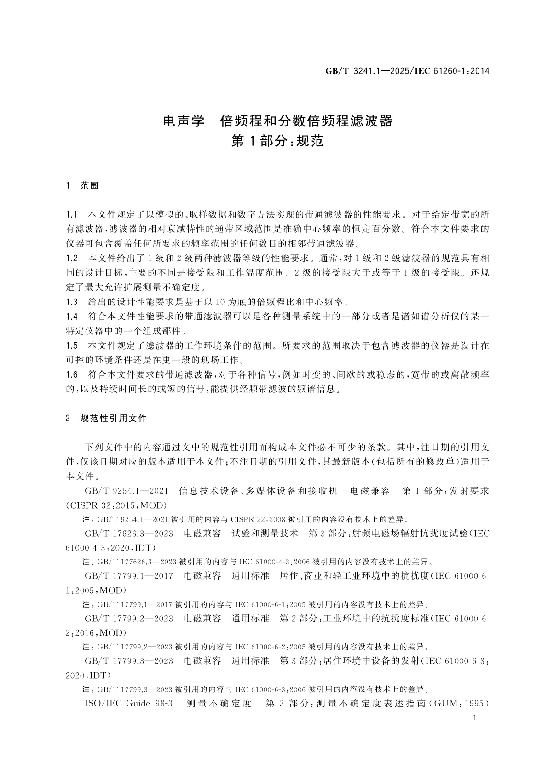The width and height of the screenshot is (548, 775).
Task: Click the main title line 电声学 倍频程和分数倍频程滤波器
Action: pyautogui.click(x=278, y=121)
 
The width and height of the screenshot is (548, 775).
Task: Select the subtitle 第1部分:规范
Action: pyautogui.click(x=277, y=141)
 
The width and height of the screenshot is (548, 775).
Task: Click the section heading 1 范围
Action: pyautogui.click(x=82, y=186)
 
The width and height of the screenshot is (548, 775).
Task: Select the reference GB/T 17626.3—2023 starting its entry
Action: pyautogui.click(x=129, y=534)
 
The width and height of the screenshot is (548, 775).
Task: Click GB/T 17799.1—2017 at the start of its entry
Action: pyautogui.click(x=129, y=576)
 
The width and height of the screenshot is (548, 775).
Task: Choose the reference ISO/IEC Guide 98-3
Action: pyautogui.click(x=129, y=704)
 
